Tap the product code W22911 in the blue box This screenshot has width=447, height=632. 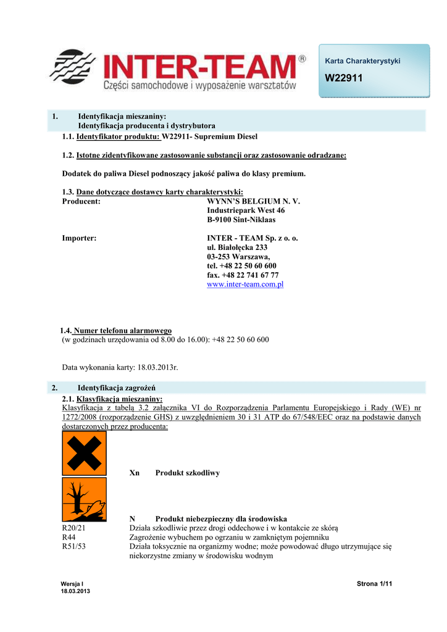[344, 78]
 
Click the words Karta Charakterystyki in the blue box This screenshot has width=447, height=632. [362, 60]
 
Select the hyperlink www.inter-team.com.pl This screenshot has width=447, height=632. [245, 285]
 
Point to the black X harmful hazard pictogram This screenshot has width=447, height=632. [84, 453]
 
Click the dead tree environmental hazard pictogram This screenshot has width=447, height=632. [84, 499]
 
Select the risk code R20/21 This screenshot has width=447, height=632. [74, 528]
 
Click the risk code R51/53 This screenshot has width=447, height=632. [74, 546]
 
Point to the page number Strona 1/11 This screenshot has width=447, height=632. [375, 584]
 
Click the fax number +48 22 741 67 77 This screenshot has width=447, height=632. [243, 275]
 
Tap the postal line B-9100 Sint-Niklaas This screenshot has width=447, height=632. [241, 219]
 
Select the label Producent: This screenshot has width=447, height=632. [82, 201]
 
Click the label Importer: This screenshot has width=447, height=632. [79, 238]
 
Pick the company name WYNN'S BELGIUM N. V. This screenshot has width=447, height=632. [253, 201]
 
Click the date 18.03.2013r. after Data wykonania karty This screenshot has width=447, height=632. [157, 367]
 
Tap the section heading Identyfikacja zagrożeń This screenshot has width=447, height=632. [116, 388]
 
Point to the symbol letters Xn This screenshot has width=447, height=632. [135, 473]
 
